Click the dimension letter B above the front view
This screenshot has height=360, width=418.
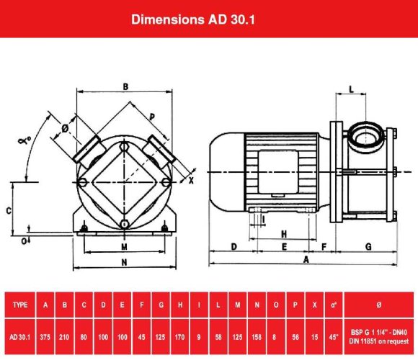[125, 87]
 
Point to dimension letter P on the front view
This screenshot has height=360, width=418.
[152, 117]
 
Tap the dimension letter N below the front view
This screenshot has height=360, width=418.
[125, 261]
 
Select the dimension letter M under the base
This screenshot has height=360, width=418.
[125, 246]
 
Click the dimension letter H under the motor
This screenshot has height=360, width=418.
[284, 234]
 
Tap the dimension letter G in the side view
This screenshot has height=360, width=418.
[368, 246]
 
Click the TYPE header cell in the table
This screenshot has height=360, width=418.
[21, 305]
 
